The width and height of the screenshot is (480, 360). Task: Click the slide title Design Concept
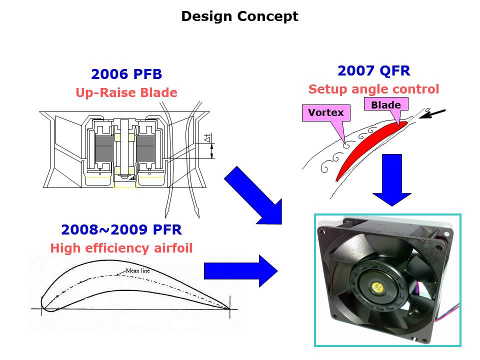click(x=239, y=16)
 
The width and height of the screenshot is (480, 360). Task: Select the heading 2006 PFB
click(x=126, y=74)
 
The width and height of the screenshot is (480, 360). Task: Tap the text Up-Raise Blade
click(x=126, y=92)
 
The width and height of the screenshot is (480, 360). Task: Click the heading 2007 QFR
click(x=373, y=71)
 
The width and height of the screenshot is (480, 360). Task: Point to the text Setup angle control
click(x=373, y=89)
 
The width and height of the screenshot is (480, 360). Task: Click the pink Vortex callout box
click(x=326, y=113)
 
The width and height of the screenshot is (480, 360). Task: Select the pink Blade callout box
click(x=386, y=104)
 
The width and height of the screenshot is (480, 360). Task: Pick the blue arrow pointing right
click(x=240, y=270)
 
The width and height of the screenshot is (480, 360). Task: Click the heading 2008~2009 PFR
click(x=121, y=229)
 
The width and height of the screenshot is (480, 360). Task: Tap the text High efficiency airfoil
click(x=121, y=248)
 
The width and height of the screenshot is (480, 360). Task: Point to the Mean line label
click(x=137, y=271)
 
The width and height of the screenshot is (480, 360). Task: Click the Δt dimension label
click(x=207, y=138)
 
